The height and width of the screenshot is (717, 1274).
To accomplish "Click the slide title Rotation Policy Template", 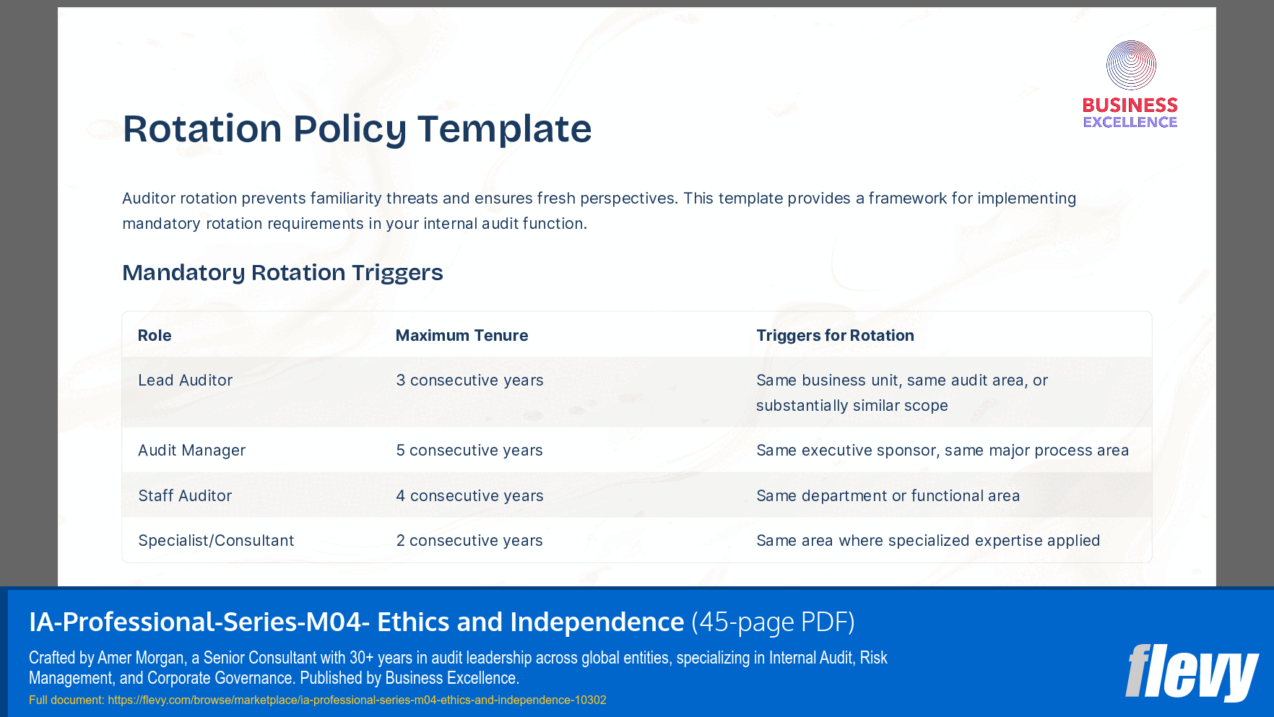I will click(357, 129).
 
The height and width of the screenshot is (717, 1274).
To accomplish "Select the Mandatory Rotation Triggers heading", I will click(282, 273).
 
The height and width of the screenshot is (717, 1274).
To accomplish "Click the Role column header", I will click(155, 336).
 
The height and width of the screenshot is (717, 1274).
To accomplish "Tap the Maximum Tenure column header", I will click(461, 336).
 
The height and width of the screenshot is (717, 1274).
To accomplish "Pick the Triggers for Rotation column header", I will click(835, 336).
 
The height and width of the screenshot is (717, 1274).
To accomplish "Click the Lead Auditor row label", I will click(185, 381).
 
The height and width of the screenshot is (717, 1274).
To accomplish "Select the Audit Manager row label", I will click(191, 451).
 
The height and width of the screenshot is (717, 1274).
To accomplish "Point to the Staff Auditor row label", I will click(185, 496).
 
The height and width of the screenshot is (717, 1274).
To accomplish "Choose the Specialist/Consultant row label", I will click(216, 541).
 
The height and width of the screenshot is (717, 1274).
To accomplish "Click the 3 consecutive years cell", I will click(469, 381).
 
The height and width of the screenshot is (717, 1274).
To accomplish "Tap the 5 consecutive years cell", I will click(469, 451).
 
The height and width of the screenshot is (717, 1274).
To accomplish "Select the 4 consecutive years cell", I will click(469, 496).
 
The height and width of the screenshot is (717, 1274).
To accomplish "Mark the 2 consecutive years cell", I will click(469, 541).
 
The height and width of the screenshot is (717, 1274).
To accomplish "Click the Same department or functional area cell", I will click(888, 496).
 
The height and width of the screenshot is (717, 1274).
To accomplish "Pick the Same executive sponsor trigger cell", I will click(942, 451).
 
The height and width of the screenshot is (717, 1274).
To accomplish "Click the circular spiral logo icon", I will click(1131, 65).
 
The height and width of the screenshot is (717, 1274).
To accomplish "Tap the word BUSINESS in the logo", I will click(1130, 105).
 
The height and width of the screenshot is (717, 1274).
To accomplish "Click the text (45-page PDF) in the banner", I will click(773, 622).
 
